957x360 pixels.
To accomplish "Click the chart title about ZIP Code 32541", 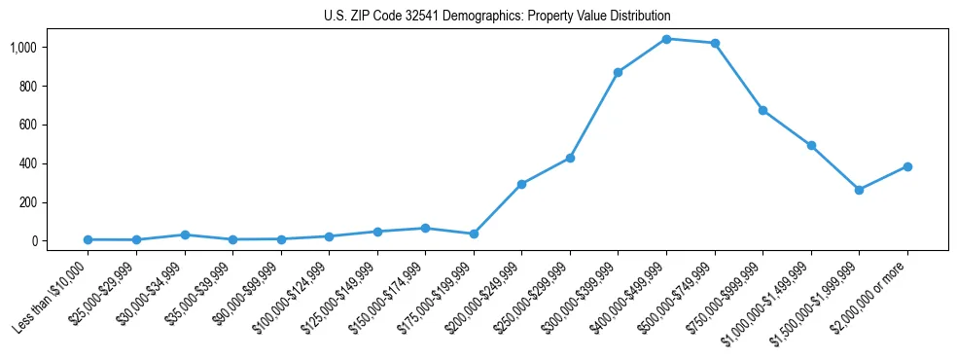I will click(x=497, y=17).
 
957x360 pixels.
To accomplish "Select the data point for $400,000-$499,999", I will click(x=666, y=39).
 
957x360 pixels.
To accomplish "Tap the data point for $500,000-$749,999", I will click(x=715, y=43).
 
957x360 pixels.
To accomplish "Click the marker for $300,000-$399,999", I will click(x=619, y=72).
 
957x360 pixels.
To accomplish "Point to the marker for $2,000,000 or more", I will click(x=907, y=166).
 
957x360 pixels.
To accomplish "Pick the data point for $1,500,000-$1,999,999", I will click(x=859, y=190).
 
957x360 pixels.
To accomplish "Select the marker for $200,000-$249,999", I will click(x=521, y=184).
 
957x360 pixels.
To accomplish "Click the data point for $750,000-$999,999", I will click(x=762, y=110).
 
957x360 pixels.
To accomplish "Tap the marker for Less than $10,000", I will click(x=88, y=239).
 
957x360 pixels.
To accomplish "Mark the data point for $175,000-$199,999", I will click(x=474, y=234).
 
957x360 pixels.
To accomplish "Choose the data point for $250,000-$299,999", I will click(x=570, y=158).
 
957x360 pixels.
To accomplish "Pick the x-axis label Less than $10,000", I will click(x=52, y=297).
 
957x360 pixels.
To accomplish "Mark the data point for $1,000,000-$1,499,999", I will click(x=811, y=145).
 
